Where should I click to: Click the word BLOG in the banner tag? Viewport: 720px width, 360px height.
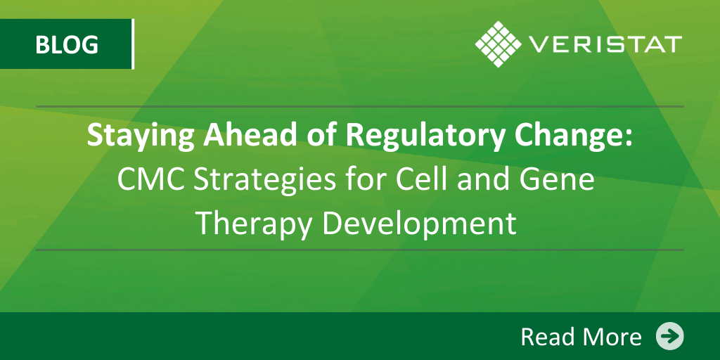coord(67,44)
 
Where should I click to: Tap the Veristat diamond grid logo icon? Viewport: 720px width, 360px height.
coord(499,44)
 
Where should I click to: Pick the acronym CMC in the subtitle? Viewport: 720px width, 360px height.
coord(152,181)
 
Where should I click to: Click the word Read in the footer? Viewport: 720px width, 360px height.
coord(547,337)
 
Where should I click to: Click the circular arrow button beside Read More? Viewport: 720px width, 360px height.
coord(669,336)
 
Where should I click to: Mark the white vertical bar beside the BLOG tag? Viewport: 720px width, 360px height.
coord(133,44)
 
